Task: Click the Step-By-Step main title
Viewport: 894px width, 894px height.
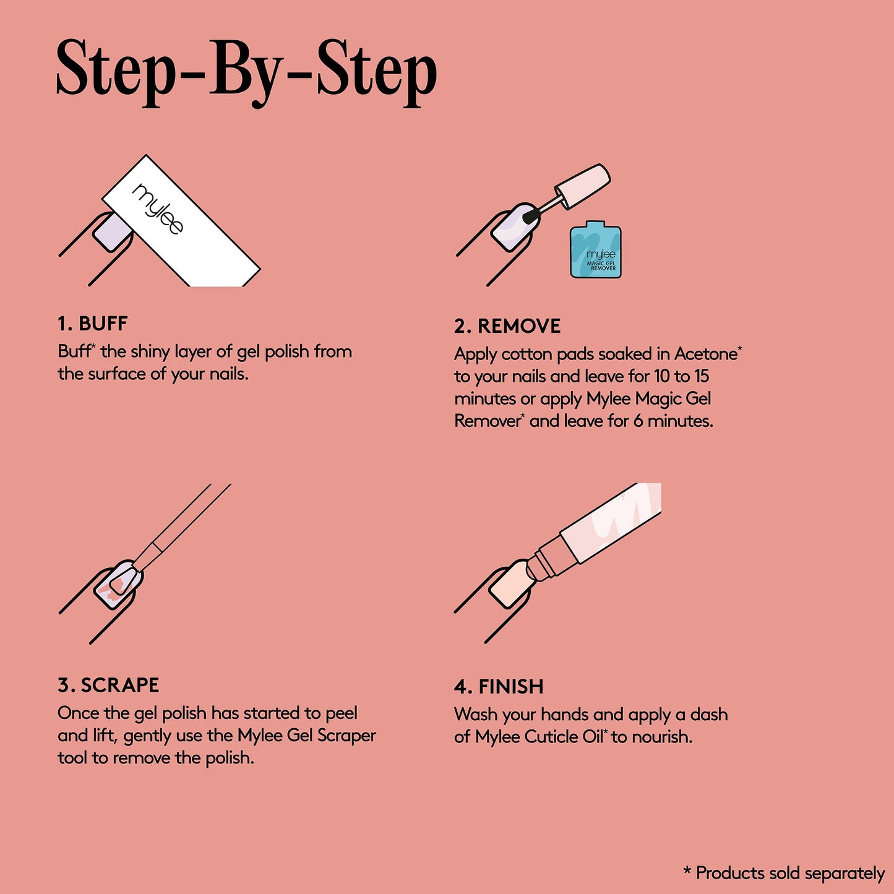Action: (x=246, y=71)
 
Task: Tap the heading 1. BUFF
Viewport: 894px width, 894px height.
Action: (x=92, y=324)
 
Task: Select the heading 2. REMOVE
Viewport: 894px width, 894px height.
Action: (x=507, y=326)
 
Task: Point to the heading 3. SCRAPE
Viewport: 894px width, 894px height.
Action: (x=108, y=685)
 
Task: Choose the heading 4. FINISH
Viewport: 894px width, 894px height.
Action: (x=499, y=687)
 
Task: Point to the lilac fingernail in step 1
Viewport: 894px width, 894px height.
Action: (x=112, y=233)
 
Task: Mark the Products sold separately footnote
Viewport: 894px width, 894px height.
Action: (x=784, y=873)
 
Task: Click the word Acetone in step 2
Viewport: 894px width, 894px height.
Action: (x=705, y=354)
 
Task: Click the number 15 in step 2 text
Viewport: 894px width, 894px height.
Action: (x=701, y=376)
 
